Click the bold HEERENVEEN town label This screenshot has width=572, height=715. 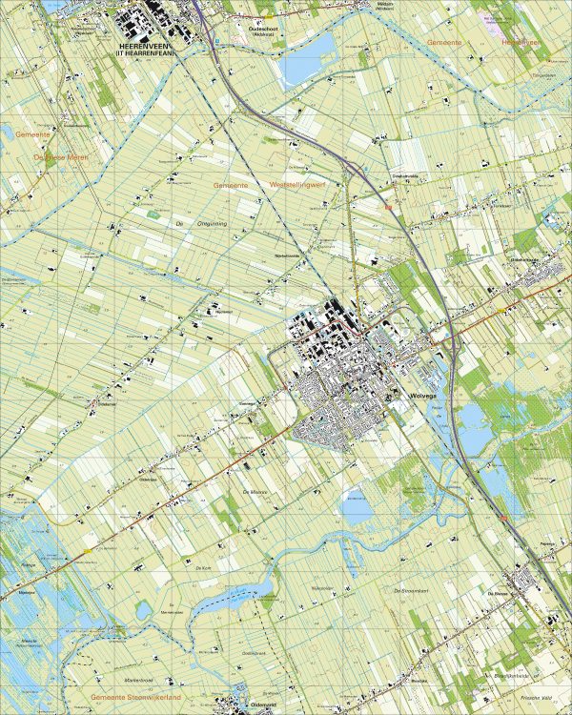[x=144, y=45]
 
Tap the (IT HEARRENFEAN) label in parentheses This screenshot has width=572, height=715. [x=144, y=52]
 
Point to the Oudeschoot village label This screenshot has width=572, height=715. [x=254, y=29]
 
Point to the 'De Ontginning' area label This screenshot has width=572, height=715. [x=190, y=224]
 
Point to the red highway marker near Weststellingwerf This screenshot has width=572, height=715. [x=387, y=204]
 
